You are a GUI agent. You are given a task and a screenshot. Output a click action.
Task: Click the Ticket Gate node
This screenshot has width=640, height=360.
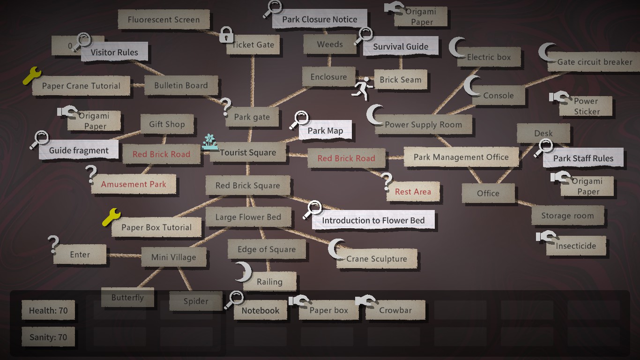click(253, 45)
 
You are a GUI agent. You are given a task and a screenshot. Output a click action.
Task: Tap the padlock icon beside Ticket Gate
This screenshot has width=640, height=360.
click(226, 35)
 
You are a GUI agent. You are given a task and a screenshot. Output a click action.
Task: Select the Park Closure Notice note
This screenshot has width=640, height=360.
click(320, 20)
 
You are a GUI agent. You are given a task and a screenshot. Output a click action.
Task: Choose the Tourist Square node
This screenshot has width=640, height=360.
click(248, 153)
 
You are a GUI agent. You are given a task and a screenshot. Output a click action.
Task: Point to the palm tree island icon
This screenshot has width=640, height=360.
click(210, 142)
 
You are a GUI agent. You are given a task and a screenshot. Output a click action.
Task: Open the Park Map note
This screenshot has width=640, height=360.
click(325, 131)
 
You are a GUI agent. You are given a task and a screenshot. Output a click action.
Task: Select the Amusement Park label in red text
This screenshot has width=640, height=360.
click(134, 185)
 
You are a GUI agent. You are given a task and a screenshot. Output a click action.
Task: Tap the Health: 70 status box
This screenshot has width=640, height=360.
click(48, 310)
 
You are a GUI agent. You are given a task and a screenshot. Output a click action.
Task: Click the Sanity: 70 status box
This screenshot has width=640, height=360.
click(48, 337)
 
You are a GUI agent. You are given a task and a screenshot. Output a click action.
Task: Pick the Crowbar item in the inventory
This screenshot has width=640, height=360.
click(395, 310)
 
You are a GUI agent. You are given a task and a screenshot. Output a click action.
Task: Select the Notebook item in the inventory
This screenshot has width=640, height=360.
click(260, 310)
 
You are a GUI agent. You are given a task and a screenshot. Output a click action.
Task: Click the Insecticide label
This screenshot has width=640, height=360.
click(576, 246)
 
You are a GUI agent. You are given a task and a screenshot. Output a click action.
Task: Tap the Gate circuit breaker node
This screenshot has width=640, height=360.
click(595, 62)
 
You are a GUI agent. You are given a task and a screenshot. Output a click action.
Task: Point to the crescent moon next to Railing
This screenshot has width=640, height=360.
click(243, 272)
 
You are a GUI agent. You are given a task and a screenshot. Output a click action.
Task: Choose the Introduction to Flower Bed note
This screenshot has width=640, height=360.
click(373, 220)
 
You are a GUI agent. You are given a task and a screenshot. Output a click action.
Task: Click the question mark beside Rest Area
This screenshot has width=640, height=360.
click(387, 181)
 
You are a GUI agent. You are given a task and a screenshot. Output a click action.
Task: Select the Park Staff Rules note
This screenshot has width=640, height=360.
click(583, 158)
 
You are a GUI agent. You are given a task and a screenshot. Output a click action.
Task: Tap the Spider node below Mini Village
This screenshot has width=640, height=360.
click(196, 301)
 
